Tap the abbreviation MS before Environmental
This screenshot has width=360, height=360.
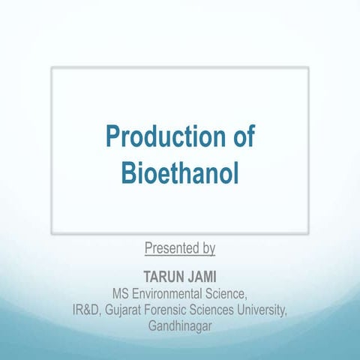click(x=121, y=291)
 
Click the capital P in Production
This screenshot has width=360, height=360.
click(x=112, y=139)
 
